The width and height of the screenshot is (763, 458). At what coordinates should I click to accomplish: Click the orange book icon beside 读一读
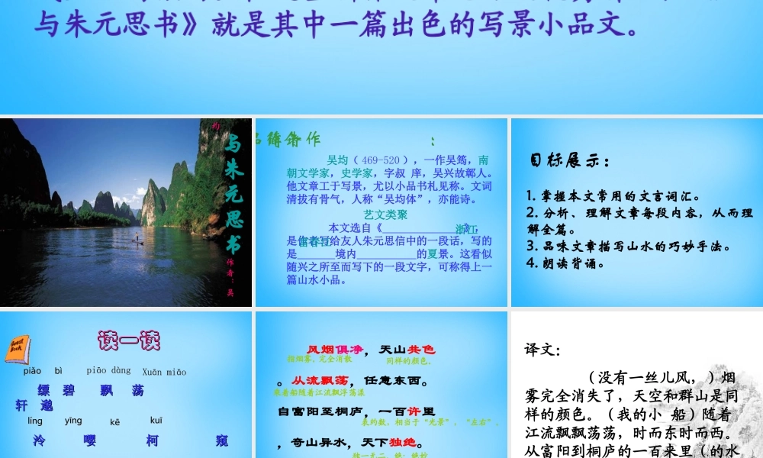(x=18, y=348)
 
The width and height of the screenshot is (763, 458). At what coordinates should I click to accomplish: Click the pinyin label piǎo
(x=32, y=372)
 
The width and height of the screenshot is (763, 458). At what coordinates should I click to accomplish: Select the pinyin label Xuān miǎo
(x=164, y=372)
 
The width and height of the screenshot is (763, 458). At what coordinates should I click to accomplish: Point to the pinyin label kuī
(x=156, y=421)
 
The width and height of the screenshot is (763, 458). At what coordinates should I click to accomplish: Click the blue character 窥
(x=222, y=440)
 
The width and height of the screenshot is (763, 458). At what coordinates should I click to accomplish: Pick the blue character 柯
(x=151, y=440)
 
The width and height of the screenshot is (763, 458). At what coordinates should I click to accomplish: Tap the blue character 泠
(x=40, y=440)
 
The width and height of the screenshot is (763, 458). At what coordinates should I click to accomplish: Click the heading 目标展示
(x=569, y=161)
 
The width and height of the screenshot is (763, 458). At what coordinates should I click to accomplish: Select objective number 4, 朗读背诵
(x=565, y=264)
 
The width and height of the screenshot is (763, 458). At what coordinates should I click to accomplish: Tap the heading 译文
(x=542, y=350)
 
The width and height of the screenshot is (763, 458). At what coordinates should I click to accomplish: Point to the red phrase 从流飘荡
(x=321, y=380)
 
